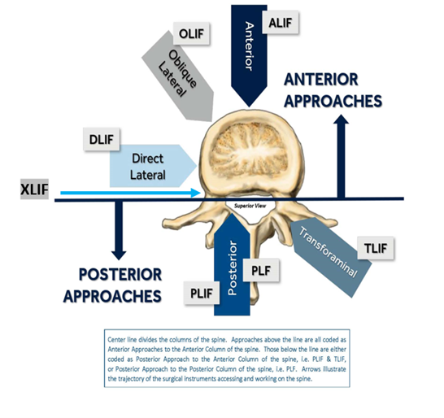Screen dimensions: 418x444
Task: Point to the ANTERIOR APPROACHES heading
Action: (333, 90)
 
